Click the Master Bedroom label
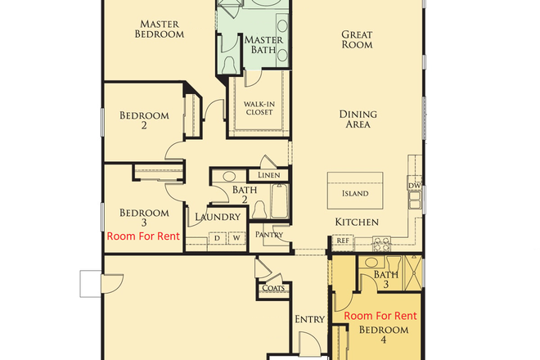pos(160,29)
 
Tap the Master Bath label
pos(263,45)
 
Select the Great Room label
pos(357,39)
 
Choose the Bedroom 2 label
pos(144,121)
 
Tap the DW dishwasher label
pos(414,185)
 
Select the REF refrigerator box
pos(342,241)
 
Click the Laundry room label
pos(218,217)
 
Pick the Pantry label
pos(269,235)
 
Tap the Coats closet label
pos(272,287)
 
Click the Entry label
pos(309,319)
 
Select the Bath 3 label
pos(386,281)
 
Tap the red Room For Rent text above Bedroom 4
pos(380,316)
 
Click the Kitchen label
pos(356,222)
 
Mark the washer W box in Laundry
pos(235,238)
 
